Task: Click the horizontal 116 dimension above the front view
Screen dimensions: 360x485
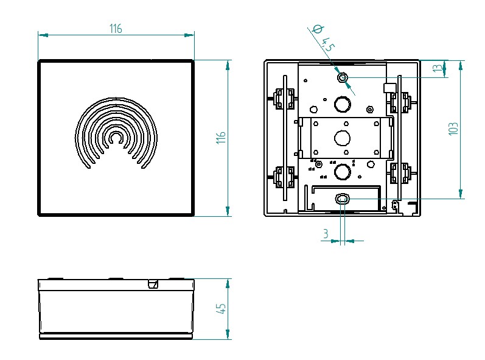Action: click(116, 29)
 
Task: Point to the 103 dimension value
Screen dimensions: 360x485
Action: click(453, 129)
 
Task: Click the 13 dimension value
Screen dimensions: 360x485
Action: click(437, 68)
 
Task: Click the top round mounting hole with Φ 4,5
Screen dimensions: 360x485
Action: click(342, 77)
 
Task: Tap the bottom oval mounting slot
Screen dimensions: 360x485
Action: click(343, 199)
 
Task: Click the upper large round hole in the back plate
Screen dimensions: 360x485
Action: click(342, 105)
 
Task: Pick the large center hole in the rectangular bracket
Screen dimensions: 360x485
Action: click(343, 137)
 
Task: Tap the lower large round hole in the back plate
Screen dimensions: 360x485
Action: click(342, 171)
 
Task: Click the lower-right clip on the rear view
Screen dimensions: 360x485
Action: click(401, 172)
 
